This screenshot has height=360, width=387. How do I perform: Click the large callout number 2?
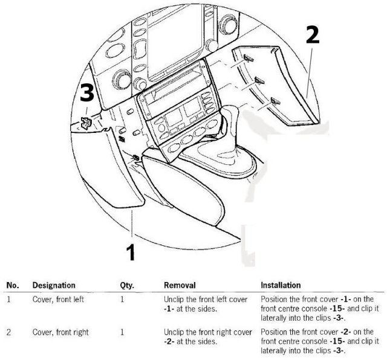(x=313, y=35)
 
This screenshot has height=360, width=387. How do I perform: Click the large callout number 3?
(x=87, y=92)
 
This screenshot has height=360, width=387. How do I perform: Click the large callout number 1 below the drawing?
(x=131, y=252)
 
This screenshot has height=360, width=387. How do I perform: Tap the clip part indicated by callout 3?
(x=86, y=123)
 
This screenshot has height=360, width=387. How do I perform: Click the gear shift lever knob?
(x=230, y=114)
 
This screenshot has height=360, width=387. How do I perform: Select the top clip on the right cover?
(x=249, y=58)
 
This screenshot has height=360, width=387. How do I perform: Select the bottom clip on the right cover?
(x=276, y=101)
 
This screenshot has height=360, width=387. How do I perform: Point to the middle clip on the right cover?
(x=259, y=80)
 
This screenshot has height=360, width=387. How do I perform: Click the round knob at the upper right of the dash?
(x=227, y=24)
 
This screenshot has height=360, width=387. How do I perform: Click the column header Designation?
(x=54, y=285)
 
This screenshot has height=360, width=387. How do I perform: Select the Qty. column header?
(x=127, y=286)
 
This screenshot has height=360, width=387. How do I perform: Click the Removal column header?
(x=180, y=285)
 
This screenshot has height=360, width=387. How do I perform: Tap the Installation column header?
(x=281, y=285)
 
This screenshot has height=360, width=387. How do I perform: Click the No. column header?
(x=13, y=285)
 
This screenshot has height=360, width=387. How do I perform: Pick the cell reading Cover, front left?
(x=58, y=300)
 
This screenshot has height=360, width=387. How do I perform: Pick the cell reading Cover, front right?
(x=60, y=332)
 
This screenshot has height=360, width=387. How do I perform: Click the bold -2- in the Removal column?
(x=169, y=341)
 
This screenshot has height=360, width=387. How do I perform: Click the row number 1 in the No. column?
(x=8, y=300)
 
